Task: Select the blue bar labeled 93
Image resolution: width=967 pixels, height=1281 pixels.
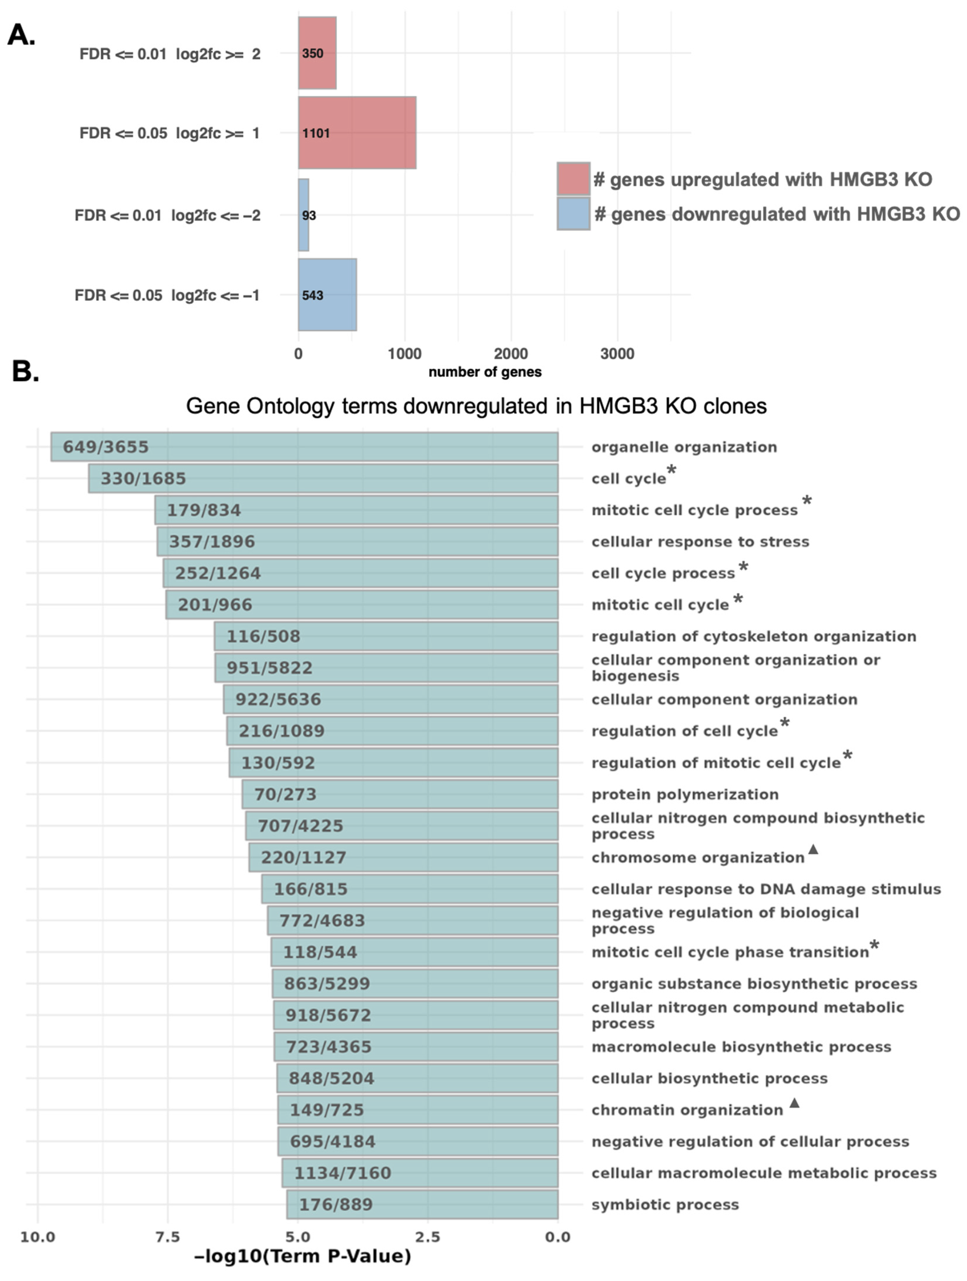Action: [x=304, y=215]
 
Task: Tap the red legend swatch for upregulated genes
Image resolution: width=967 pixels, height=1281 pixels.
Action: [x=573, y=179]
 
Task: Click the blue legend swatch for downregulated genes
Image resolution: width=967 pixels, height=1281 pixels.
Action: [x=573, y=214]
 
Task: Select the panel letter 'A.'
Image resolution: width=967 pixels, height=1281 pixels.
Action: [x=21, y=35]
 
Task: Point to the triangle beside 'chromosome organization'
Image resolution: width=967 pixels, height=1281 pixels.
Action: [x=813, y=849]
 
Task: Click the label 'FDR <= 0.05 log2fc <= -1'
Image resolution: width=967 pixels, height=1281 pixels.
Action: [x=167, y=295]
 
